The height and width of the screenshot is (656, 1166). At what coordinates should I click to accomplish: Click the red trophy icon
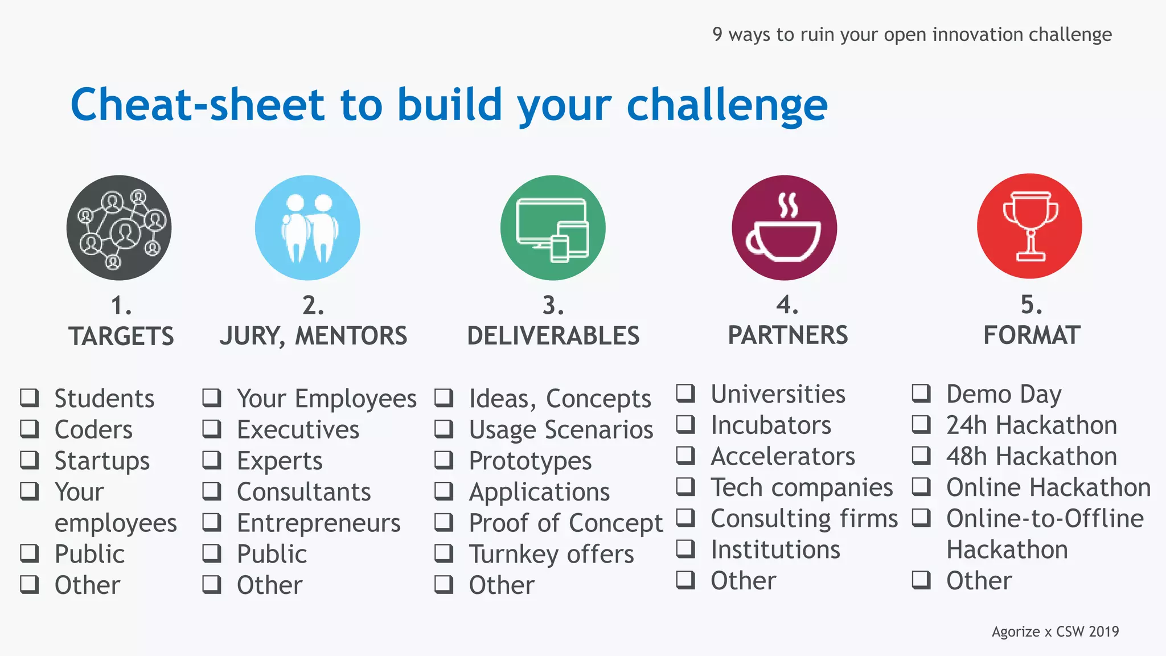(x=1029, y=227)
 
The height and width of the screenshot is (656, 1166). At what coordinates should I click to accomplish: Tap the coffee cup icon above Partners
(x=784, y=228)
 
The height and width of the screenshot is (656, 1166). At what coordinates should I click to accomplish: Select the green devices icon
(x=553, y=228)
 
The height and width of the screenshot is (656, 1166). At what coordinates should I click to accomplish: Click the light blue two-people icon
(x=307, y=228)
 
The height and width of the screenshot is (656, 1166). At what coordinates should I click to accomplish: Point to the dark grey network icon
(x=119, y=228)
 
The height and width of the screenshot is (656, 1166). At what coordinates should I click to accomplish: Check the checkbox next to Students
(x=30, y=397)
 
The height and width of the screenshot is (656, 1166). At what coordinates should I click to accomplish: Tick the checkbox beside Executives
(x=212, y=429)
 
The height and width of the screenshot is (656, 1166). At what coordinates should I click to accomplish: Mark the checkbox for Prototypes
(x=444, y=460)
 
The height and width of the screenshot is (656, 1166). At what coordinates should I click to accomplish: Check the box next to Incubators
(x=685, y=424)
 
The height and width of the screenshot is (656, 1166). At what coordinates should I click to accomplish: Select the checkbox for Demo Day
(x=921, y=393)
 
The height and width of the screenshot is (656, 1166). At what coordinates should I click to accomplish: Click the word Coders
(x=93, y=429)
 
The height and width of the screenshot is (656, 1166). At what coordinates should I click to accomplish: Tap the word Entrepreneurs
(x=318, y=523)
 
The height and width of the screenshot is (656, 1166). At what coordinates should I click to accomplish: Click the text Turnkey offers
(x=551, y=554)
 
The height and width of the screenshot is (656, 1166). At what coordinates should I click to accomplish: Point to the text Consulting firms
(x=804, y=518)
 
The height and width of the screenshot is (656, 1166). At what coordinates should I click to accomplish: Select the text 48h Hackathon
(x=1031, y=456)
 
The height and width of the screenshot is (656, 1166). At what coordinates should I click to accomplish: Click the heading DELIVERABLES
(x=553, y=335)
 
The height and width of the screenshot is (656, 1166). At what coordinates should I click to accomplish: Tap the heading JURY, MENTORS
(x=313, y=335)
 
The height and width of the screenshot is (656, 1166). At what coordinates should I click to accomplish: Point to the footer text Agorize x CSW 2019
(x=1055, y=632)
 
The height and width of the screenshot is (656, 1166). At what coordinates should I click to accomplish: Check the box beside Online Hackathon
(x=921, y=487)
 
